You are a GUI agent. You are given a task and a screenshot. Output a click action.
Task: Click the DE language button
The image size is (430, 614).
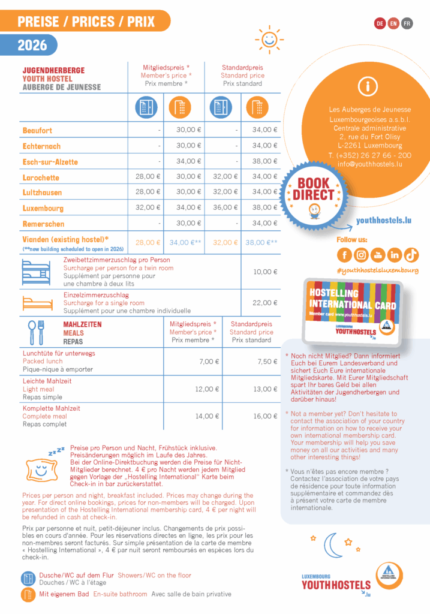tap(380, 23)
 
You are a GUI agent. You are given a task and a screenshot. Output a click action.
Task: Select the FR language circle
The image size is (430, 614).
tap(407, 23)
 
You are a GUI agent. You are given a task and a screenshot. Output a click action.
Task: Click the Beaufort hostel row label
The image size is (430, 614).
tap(37, 130)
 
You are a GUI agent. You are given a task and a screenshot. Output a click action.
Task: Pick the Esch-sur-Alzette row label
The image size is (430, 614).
tap(50, 162)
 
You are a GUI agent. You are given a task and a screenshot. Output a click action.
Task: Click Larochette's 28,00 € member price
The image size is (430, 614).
tap(148, 177)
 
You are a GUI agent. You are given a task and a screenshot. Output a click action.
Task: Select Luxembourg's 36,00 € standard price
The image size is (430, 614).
tap(225, 208)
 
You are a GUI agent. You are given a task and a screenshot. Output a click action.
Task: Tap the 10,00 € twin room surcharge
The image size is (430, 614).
tap(264, 272)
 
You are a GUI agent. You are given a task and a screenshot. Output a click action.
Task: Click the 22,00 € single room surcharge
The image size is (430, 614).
tap(264, 303)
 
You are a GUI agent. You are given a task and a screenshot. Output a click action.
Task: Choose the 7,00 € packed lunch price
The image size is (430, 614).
tap(209, 362)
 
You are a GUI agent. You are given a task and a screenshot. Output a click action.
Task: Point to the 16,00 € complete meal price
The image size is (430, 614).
tap(264, 416)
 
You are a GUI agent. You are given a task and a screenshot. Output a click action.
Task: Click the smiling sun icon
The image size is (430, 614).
tap(269, 40)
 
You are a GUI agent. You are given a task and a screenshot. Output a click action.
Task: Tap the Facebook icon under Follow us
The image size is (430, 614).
tap(344, 255)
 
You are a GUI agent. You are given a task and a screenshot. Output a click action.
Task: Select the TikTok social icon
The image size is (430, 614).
tap(411, 255)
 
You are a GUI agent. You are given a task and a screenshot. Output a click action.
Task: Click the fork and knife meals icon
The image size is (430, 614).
tap(36, 332)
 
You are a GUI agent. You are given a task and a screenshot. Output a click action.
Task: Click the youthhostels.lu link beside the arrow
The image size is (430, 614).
tap(383, 221)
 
